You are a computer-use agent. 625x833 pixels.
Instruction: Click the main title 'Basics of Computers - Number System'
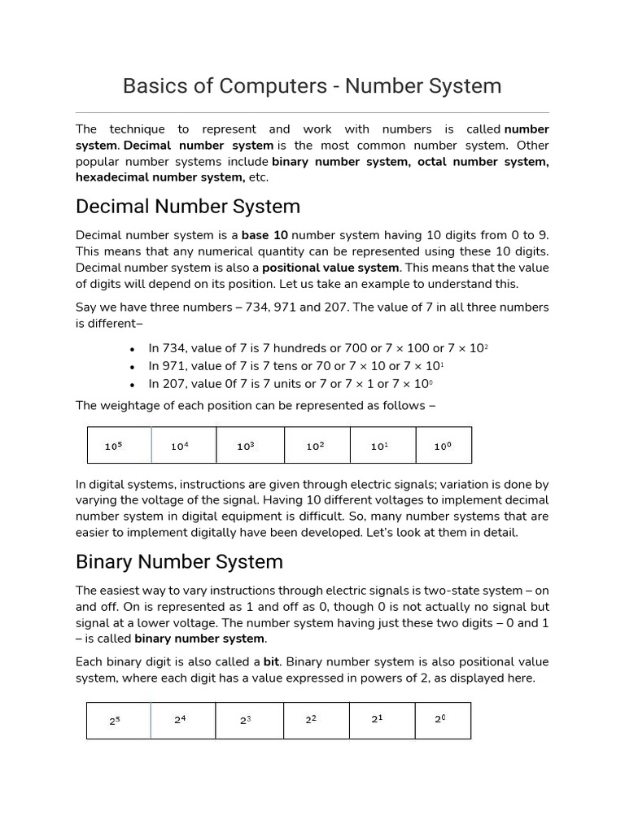click(312, 85)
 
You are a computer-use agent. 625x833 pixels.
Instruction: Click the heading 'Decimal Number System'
click(188, 206)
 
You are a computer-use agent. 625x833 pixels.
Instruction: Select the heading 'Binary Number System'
click(179, 561)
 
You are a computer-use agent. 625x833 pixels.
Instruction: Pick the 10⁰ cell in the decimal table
click(443, 446)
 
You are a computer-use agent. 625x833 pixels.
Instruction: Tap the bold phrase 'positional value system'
click(330, 268)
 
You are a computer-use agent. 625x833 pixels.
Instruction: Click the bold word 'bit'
click(271, 662)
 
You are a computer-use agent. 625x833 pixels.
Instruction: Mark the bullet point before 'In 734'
click(132, 349)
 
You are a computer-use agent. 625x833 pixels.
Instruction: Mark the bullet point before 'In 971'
click(132, 367)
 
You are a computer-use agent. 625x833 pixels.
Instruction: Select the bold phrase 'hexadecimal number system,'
click(160, 177)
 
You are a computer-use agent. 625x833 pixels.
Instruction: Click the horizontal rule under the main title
click(312, 113)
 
